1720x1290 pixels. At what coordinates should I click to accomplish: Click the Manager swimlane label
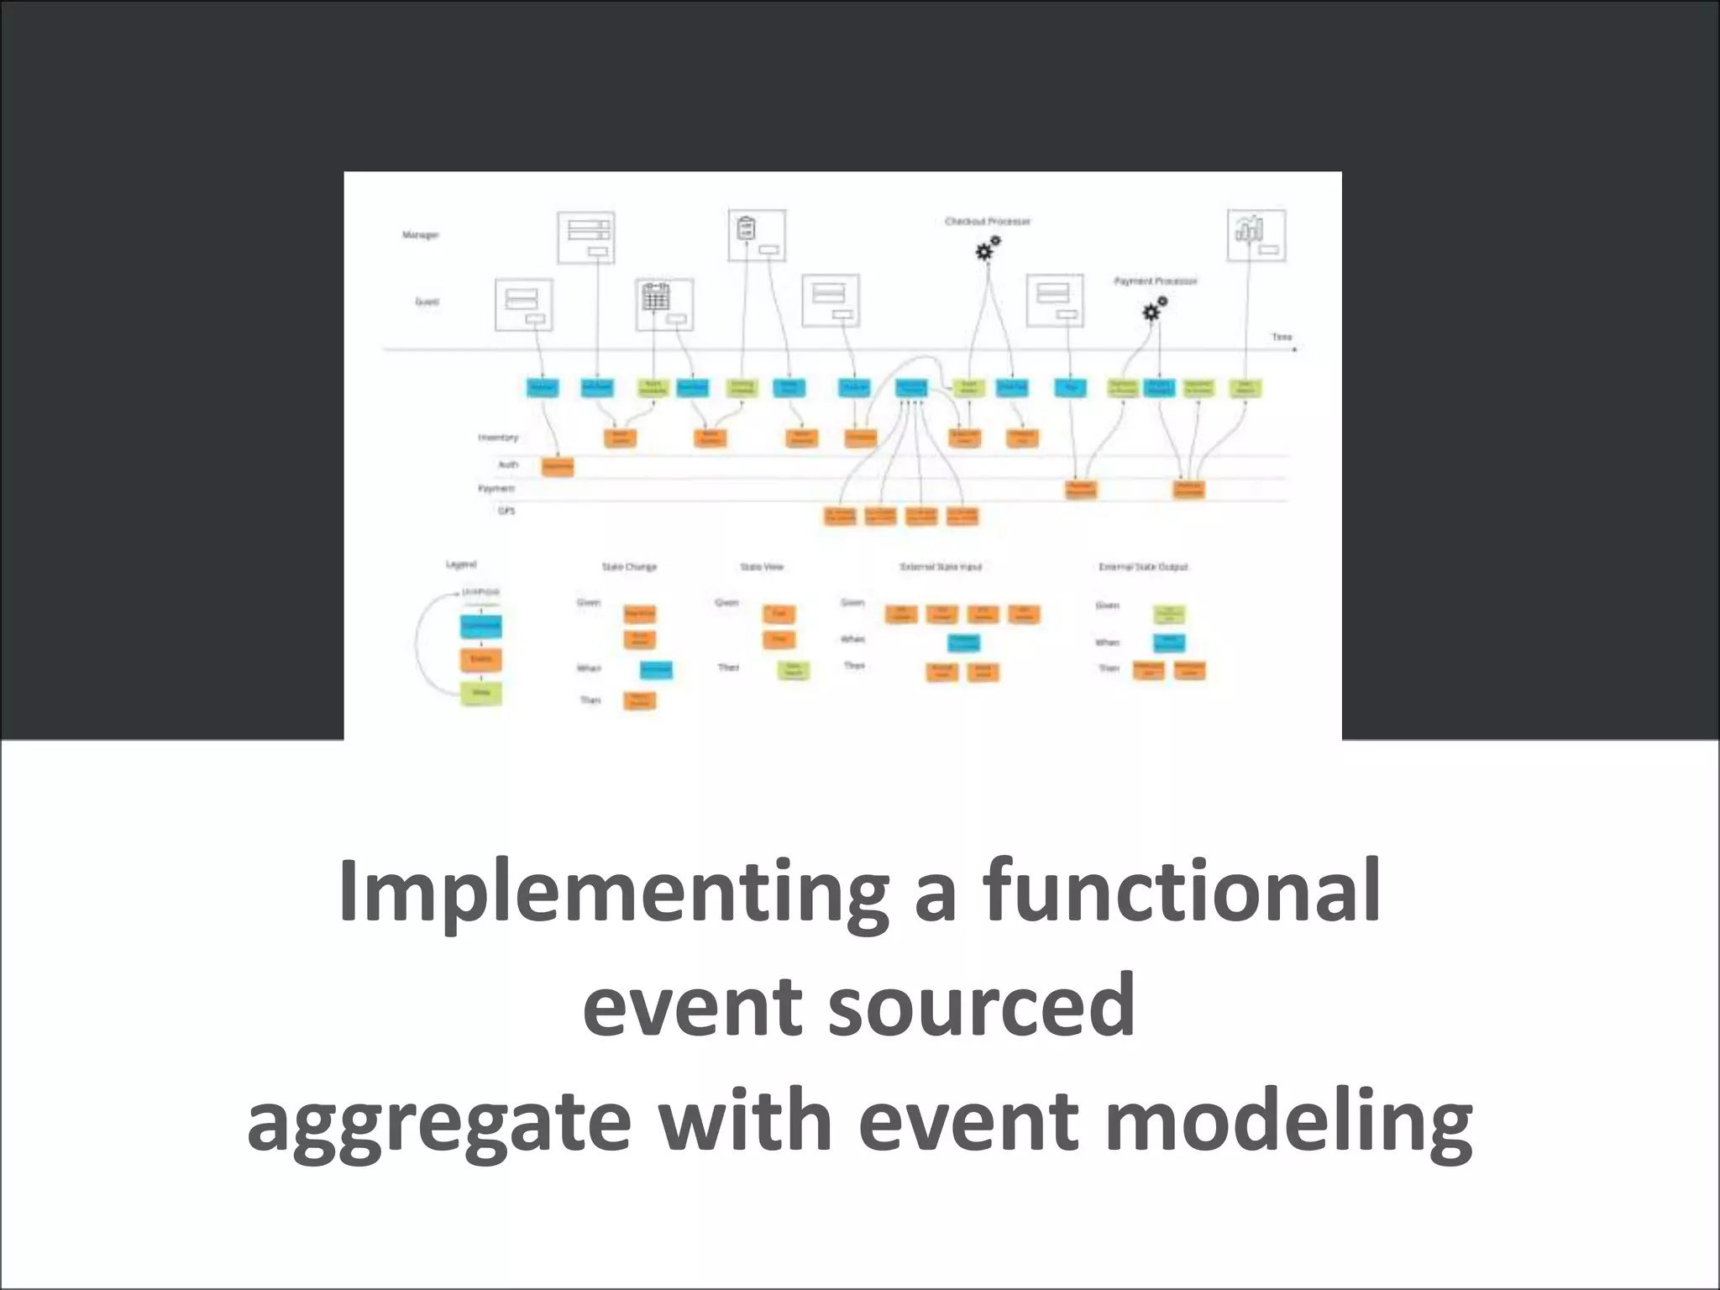click(x=420, y=235)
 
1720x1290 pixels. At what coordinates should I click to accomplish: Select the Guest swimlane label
click(x=427, y=302)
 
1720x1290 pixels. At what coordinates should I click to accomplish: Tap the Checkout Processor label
click(x=987, y=222)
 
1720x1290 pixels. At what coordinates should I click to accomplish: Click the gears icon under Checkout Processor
click(x=987, y=249)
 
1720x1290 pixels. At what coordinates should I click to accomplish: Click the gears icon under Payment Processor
click(x=1155, y=309)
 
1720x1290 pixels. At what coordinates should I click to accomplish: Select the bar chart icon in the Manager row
click(x=1248, y=228)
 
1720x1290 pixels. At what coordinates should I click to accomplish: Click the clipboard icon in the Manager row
click(x=746, y=228)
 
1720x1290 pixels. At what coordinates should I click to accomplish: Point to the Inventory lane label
click(x=497, y=438)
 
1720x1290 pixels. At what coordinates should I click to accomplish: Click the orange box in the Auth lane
click(x=557, y=466)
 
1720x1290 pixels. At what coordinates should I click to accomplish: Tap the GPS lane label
click(x=506, y=511)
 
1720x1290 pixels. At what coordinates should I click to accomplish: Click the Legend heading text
click(x=460, y=564)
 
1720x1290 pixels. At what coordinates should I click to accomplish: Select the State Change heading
click(x=629, y=567)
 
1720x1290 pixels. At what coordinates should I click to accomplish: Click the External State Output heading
click(x=1143, y=567)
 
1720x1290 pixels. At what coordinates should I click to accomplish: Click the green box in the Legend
click(x=481, y=693)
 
